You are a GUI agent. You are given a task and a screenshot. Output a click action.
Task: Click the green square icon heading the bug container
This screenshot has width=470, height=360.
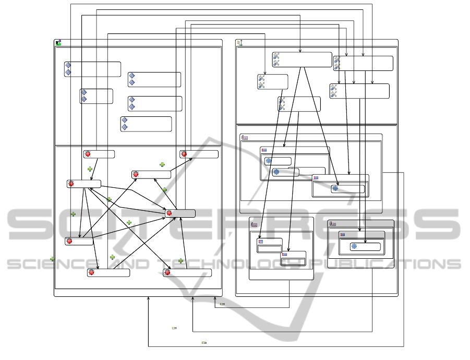[58, 43]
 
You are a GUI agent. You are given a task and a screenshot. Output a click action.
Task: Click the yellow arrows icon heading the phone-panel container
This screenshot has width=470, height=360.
[240, 43]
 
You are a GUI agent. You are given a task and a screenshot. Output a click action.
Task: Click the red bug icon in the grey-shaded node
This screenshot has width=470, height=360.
[169, 213]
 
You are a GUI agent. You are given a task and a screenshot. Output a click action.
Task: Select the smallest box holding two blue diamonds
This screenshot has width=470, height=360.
[96, 96]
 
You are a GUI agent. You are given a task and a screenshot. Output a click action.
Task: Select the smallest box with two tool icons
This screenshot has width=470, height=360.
[272, 82]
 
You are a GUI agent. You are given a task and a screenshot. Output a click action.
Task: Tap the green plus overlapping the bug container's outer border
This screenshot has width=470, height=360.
[52, 259]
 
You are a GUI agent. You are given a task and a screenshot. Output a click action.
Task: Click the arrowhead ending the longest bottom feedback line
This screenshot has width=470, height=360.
[149, 298]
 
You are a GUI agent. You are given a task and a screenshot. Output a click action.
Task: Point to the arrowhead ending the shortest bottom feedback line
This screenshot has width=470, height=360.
[215, 298]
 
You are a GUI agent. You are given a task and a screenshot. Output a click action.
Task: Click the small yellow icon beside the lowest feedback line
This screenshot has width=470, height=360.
[204, 343]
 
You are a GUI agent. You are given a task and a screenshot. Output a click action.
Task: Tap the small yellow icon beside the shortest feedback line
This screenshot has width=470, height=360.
[222, 304]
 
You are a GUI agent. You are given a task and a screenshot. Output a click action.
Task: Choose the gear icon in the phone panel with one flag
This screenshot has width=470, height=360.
[354, 246]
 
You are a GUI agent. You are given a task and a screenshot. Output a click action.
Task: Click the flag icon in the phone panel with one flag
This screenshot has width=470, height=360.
[343, 235]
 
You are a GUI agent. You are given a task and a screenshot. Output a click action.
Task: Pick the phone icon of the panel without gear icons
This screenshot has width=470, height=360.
[254, 224]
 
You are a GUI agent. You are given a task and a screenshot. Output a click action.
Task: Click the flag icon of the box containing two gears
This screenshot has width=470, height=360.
[265, 150]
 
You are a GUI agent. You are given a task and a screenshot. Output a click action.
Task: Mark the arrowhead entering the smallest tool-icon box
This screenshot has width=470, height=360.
[265, 74]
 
